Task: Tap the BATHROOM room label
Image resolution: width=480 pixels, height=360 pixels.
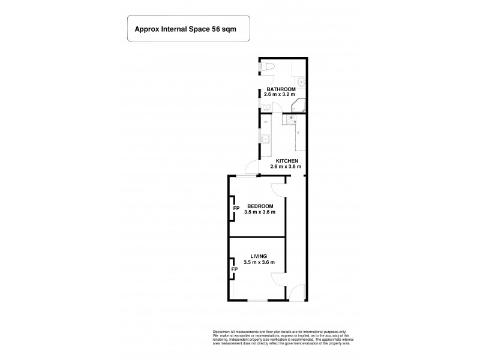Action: pos(281,89)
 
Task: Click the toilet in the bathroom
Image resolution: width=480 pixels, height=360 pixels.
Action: pos(268,67)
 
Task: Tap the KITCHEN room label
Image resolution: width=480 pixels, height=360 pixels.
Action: pos(287,161)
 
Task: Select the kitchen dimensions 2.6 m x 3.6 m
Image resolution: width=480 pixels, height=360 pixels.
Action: pos(287,167)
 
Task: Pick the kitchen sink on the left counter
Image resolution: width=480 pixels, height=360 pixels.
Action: pos(264,140)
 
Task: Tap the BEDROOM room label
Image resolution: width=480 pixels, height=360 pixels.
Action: pos(259,206)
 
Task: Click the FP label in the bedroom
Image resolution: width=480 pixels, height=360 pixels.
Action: pos(236,208)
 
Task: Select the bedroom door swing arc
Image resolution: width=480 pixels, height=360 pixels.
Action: pos(277,189)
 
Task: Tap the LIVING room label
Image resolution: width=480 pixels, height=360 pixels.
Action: pos(259,256)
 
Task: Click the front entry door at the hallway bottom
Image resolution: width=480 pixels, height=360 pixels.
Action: pos(296,293)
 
